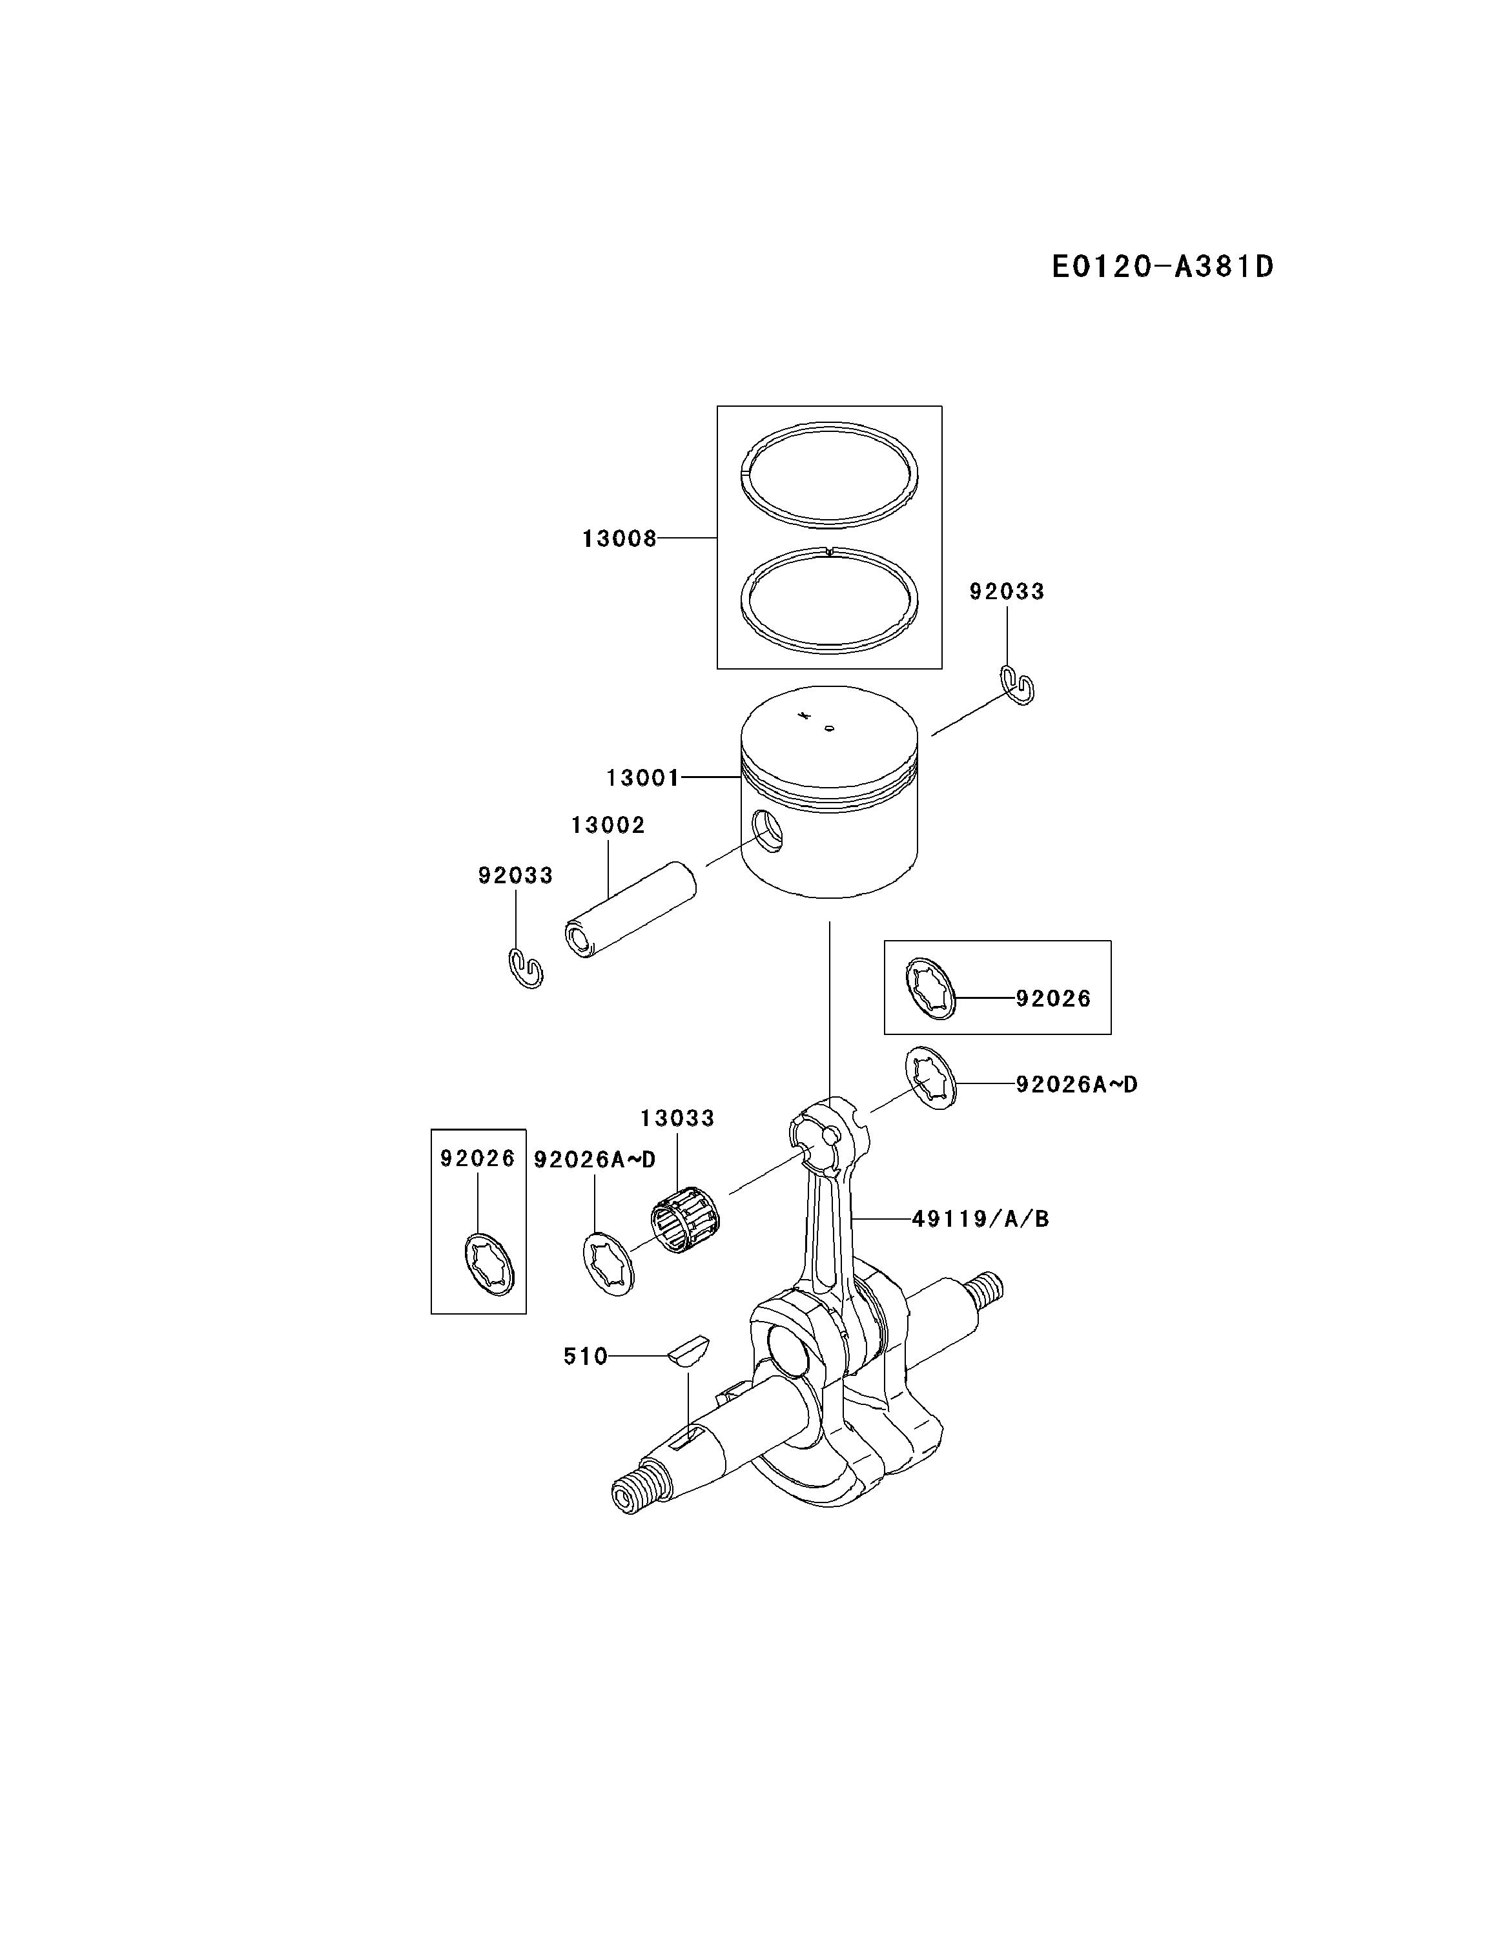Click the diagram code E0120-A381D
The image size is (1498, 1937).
(1162, 266)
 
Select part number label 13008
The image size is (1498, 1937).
(619, 538)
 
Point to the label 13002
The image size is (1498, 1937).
(608, 825)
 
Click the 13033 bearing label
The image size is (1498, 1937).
(677, 1118)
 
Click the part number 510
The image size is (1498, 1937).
(586, 1356)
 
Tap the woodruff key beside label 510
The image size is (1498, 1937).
(688, 1351)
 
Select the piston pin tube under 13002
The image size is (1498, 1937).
(631, 909)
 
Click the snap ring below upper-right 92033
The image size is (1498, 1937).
(1018, 684)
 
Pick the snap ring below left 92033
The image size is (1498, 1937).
(526, 968)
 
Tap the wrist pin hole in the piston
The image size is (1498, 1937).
(767, 831)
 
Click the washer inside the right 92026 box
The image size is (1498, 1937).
(930, 988)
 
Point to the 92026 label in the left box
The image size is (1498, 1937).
(477, 1158)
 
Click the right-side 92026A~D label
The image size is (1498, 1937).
(1076, 1084)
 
